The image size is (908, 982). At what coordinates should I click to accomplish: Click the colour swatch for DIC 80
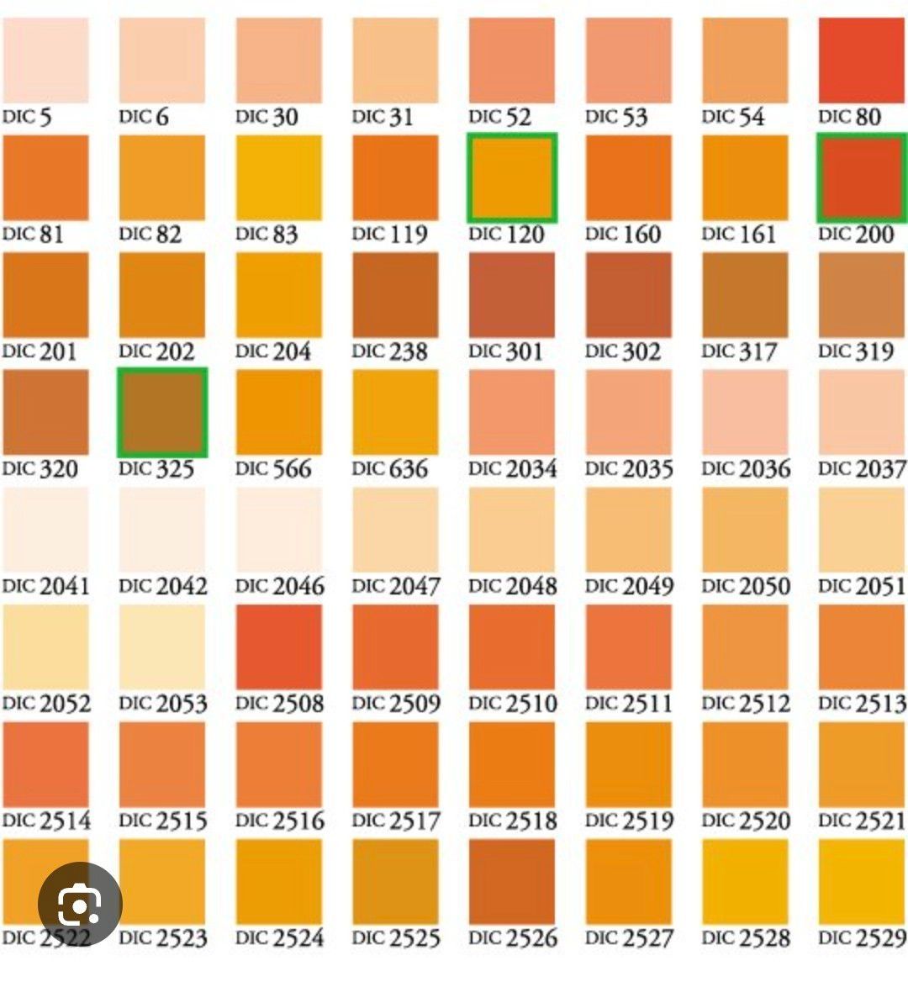[x=861, y=61]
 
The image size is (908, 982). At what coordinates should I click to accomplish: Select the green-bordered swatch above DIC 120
[x=512, y=178]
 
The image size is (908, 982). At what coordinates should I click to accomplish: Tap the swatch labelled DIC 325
[x=162, y=413]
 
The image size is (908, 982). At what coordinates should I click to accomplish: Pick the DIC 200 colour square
[x=861, y=178]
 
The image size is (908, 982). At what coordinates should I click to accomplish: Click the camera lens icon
[x=80, y=905]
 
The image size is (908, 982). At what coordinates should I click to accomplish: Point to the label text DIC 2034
[x=512, y=468]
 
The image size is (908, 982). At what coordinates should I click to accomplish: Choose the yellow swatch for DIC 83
[x=278, y=178]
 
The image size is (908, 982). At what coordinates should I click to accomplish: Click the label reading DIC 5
[x=27, y=117]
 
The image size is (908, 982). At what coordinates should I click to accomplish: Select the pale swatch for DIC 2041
[x=45, y=530]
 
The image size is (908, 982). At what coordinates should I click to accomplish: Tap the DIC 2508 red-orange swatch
[x=278, y=647]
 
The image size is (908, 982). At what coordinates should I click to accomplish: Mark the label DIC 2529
[x=861, y=937]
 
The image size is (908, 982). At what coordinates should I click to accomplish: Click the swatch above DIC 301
[x=512, y=295]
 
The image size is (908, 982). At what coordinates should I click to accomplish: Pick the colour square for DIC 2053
[x=162, y=647]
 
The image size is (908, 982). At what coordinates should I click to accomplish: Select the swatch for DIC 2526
[x=512, y=881]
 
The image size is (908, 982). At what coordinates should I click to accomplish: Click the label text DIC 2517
[x=395, y=821]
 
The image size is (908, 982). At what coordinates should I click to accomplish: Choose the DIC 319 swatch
[x=861, y=295]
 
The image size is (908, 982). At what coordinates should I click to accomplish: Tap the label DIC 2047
[x=395, y=586]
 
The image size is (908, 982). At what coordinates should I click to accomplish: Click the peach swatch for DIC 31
[x=395, y=61]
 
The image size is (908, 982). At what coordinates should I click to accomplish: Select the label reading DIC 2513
[x=861, y=703]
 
